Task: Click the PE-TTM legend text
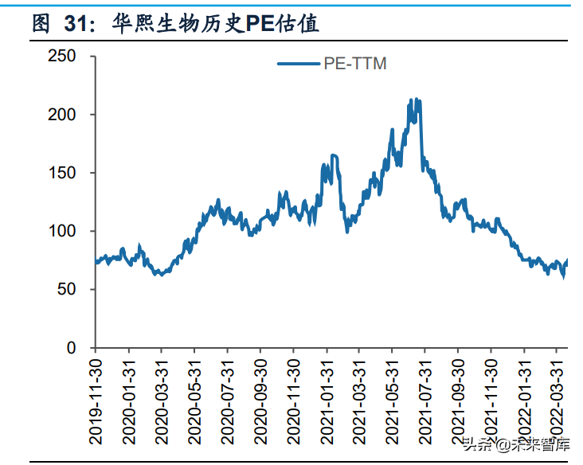[x=355, y=64]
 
